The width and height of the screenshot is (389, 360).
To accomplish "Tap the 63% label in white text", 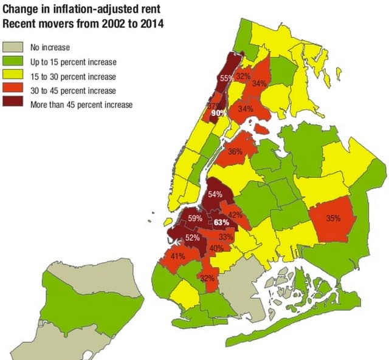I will (x=222, y=223).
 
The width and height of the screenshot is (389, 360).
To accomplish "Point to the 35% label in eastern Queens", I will (x=332, y=218).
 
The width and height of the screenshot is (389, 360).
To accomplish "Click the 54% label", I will (x=215, y=195).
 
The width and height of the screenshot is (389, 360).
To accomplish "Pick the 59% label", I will (x=195, y=219).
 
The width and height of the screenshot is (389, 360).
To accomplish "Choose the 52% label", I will (x=192, y=238).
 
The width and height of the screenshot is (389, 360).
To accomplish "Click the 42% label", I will (x=235, y=215).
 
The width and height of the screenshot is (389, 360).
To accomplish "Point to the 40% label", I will (x=216, y=248).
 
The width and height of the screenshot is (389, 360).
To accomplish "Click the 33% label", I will (x=225, y=237).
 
